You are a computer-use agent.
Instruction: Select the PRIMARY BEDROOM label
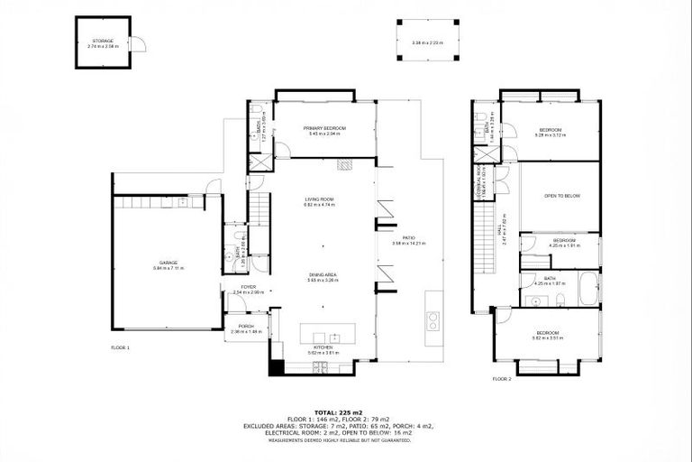324,129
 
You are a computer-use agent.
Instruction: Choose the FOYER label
248,287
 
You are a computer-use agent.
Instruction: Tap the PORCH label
245,326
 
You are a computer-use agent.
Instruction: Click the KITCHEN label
322,346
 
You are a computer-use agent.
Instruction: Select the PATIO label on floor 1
408,238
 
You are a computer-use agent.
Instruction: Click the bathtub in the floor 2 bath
591,286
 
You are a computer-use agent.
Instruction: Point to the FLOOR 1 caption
121,347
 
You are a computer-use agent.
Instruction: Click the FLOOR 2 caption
502,379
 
